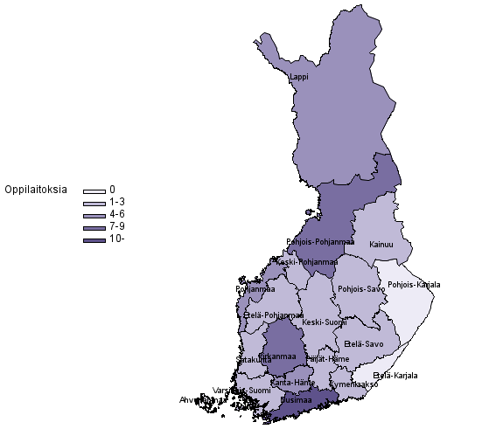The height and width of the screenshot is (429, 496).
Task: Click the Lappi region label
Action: (x=299, y=77)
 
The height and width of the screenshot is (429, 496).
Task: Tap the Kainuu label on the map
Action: (x=381, y=245)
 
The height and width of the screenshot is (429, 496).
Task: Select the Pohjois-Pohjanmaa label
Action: (x=319, y=242)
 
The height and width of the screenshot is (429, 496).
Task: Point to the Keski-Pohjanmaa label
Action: (x=304, y=261)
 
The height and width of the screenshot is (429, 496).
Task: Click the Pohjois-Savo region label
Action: (x=361, y=288)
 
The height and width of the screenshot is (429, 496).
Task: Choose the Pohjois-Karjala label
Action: (x=414, y=285)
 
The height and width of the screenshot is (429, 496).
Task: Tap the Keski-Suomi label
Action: (x=324, y=322)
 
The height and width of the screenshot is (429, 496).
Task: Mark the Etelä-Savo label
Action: (x=365, y=343)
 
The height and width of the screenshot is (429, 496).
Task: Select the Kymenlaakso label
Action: (x=353, y=384)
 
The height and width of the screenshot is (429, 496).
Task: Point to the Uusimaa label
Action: (x=296, y=401)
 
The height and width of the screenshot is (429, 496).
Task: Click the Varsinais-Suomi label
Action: (x=241, y=390)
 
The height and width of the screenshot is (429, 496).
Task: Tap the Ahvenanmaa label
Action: (x=197, y=400)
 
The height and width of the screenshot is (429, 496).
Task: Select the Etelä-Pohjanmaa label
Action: (x=273, y=315)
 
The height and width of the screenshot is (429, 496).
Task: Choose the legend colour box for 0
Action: (x=94, y=190)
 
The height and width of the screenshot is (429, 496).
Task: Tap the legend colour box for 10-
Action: (x=94, y=239)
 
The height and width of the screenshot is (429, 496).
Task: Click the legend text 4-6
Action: (x=117, y=214)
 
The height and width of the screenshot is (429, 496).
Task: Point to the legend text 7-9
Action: (x=117, y=226)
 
